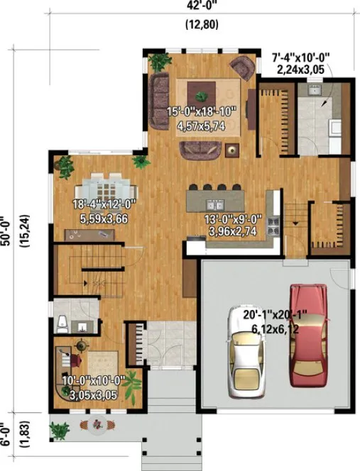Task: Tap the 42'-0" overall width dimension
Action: click(202, 5)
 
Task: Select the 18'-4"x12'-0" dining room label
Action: click(104, 204)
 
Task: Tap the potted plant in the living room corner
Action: click(157, 61)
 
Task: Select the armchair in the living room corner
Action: click(243, 69)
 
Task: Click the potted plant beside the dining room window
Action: click(65, 167)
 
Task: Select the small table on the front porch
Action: click(93, 426)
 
